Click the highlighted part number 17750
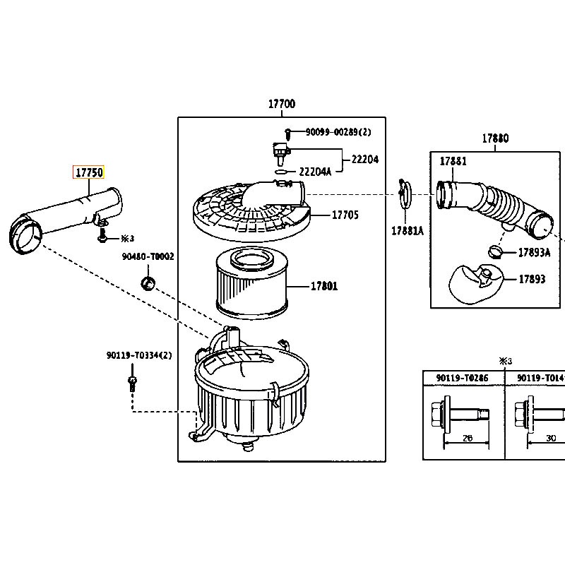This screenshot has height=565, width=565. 89,172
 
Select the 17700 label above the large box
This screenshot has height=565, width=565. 282,104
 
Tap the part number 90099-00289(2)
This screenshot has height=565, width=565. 338,132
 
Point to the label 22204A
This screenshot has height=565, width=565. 315,172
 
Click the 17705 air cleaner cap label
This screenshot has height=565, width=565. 345,215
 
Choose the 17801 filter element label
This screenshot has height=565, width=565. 324,287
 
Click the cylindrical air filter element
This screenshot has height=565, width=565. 251,283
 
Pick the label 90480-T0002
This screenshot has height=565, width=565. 148,256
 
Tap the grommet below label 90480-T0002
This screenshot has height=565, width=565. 148,283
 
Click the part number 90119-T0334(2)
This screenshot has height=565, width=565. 139,355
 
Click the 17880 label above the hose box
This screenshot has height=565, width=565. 496,138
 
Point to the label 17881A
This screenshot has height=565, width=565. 408,231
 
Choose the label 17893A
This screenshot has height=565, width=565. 535,253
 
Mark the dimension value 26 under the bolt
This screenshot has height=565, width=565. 467,438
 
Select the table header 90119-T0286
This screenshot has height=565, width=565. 463,378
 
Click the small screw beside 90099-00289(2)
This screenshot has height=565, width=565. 288,134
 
